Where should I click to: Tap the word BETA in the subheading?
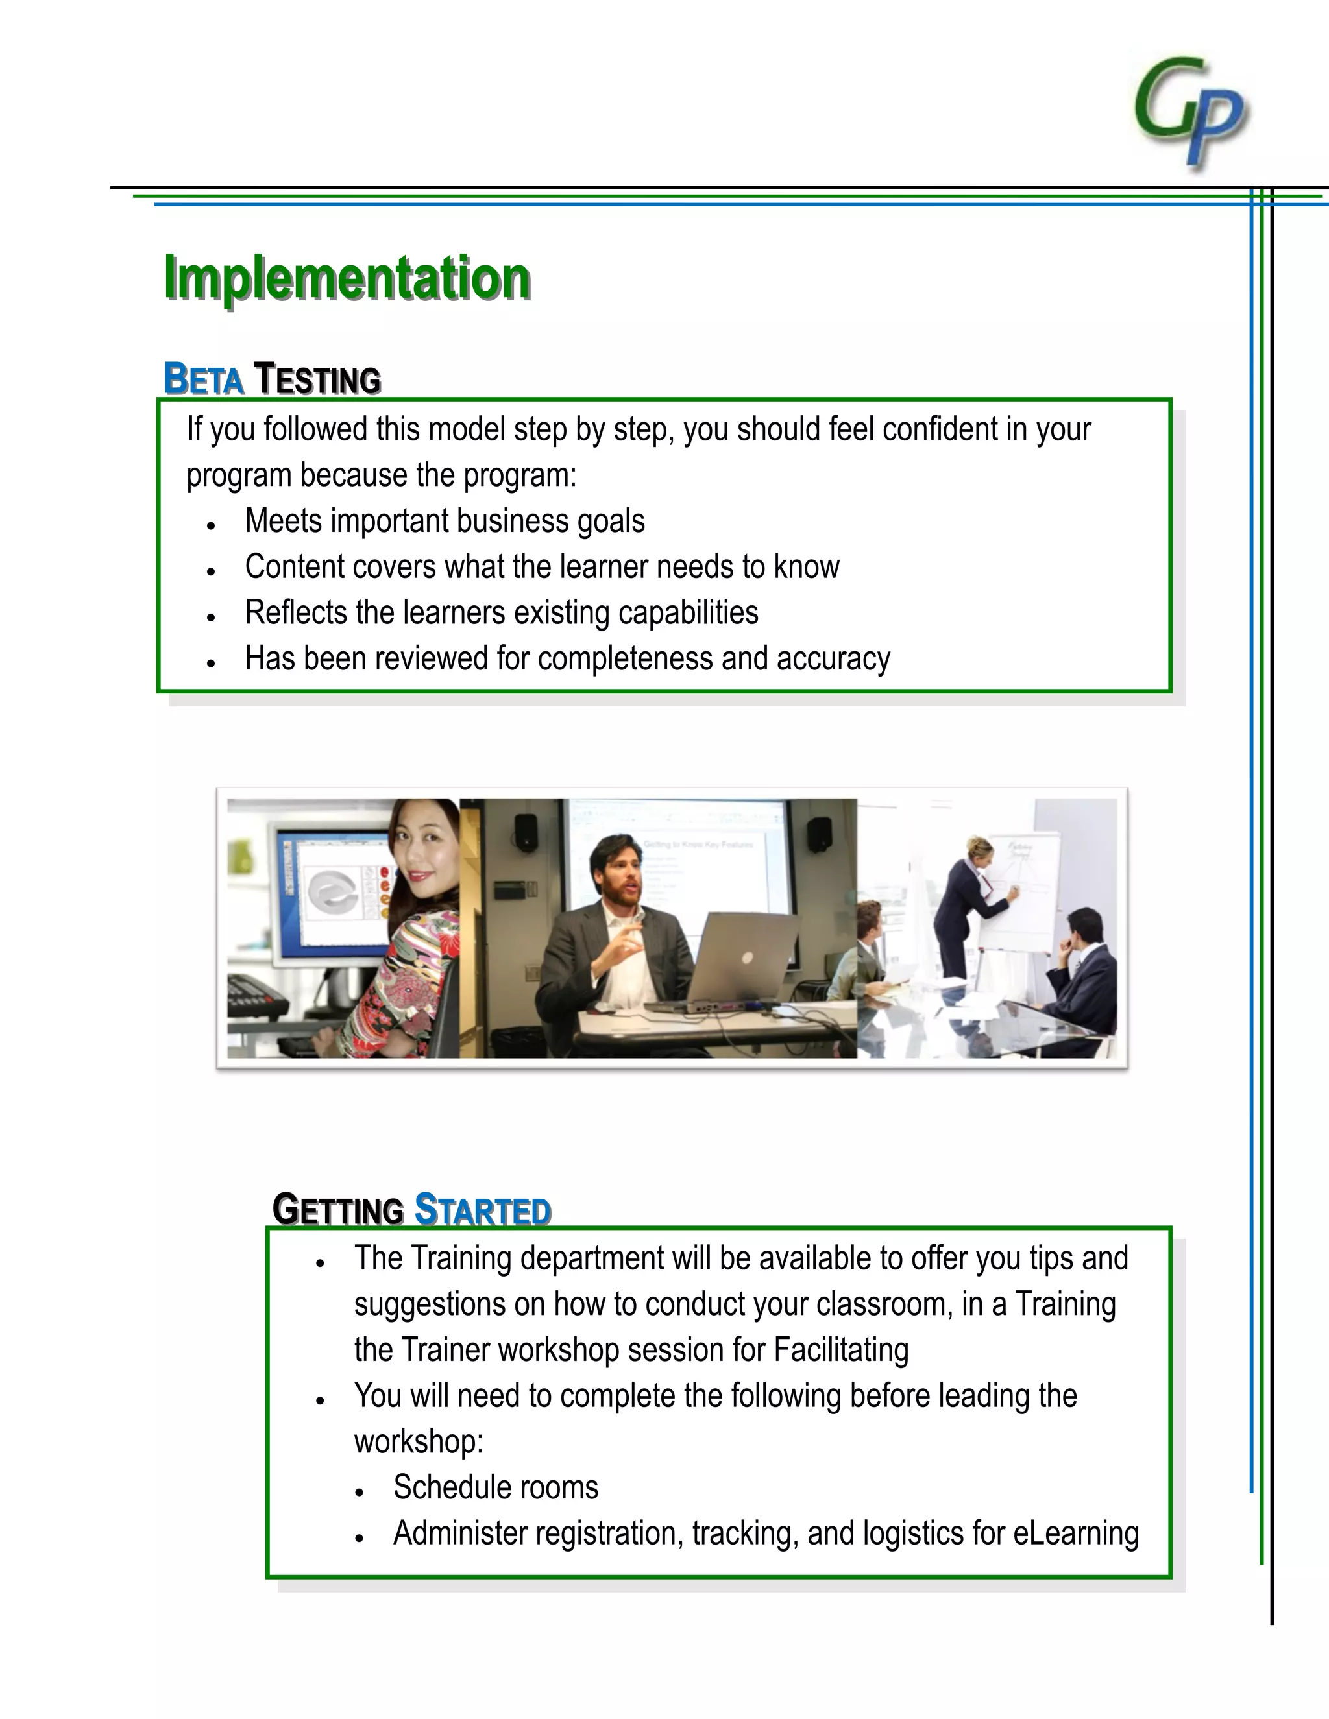pos(203,379)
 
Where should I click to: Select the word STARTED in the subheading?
pos(483,1210)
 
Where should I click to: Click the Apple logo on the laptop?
pos(748,957)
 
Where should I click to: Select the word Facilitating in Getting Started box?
pos(841,1350)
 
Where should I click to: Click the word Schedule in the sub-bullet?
pos(446,1487)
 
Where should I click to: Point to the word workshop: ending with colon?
pos(418,1442)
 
